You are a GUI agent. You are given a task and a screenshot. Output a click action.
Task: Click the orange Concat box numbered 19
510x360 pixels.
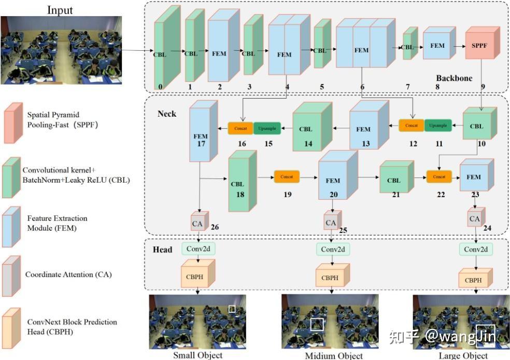click(287, 177)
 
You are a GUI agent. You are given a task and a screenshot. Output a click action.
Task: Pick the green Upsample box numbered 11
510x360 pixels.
click(437, 126)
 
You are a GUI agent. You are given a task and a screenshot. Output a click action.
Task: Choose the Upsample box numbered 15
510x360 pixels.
click(267, 127)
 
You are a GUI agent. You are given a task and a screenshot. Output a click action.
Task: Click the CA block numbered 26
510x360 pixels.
click(198, 223)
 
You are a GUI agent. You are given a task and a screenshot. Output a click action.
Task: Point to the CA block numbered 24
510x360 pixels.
click(474, 218)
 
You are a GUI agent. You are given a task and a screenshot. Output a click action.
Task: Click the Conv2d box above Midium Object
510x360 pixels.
click(333, 250)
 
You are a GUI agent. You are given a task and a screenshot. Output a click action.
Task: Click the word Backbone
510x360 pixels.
click(454, 78)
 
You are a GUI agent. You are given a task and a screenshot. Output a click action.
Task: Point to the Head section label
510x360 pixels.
click(162, 250)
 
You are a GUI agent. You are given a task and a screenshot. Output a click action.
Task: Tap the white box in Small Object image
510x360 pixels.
click(232, 309)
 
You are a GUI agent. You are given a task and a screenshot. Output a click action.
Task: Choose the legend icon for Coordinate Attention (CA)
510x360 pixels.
click(12, 275)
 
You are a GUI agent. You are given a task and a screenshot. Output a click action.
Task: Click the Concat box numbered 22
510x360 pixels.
click(438, 177)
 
